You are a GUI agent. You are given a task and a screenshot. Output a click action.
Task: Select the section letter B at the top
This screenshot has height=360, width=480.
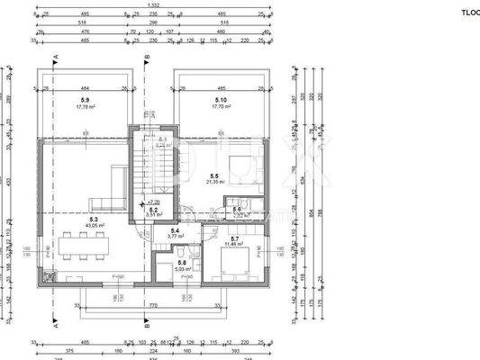coord(147,56)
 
